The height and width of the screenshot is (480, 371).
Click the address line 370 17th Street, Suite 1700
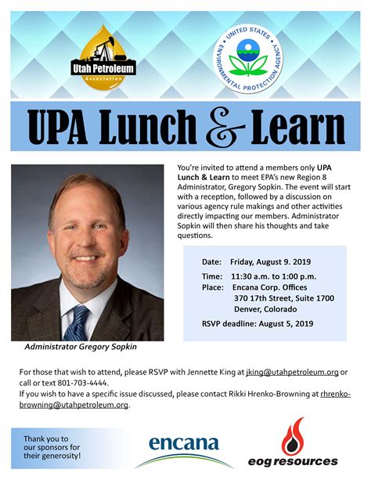(284, 298)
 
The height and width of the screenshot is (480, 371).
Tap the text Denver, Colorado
(266, 309)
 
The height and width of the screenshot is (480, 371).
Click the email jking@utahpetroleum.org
(301, 372)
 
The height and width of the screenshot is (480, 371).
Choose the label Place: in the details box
(213, 287)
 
